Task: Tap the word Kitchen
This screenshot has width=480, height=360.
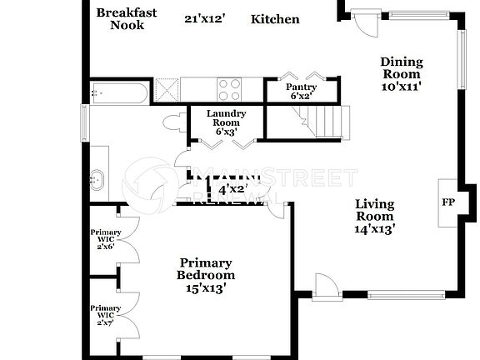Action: click(x=275, y=19)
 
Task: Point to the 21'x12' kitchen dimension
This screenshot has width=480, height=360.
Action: click(x=204, y=18)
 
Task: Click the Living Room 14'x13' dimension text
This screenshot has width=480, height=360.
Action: click(x=374, y=227)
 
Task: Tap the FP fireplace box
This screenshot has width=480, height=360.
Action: click(x=447, y=202)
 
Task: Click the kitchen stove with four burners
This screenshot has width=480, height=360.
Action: click(x=229, y=88)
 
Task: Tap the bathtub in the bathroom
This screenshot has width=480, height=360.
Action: click(x=120, y=92)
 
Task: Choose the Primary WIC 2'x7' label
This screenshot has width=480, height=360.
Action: click(x=106, y=314)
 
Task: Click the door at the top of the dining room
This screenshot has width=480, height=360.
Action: click(x=363, y=20)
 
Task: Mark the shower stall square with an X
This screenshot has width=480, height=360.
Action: click(x=167, y=88)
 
